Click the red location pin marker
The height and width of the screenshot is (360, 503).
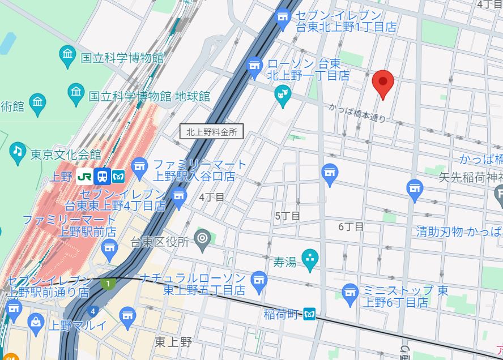click(x=383, y=84)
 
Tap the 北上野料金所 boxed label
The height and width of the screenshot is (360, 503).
click(x=211, y=132)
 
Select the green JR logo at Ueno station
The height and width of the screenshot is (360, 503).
click(x=85, y=176)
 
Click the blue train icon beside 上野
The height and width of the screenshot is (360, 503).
click(x=103, y=176)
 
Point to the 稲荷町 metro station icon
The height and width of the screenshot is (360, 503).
click(x=309, y=314)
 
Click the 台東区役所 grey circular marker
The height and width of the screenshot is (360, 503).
click(x=202, y=237)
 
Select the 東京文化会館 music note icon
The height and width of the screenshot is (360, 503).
click(x=18, y=151)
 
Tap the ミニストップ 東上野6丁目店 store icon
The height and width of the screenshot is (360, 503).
click(x=350, y=292)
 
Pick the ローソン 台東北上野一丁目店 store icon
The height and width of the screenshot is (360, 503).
click(x=255, y=67)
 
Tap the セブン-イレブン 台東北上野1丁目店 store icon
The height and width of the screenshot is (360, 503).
click(x=282, y=19)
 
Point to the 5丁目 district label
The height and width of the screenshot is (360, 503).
click(x=287, y=216)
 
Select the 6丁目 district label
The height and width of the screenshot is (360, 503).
click(x=351, y=226)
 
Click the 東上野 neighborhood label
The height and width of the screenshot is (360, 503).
click(x=173, y=342)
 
